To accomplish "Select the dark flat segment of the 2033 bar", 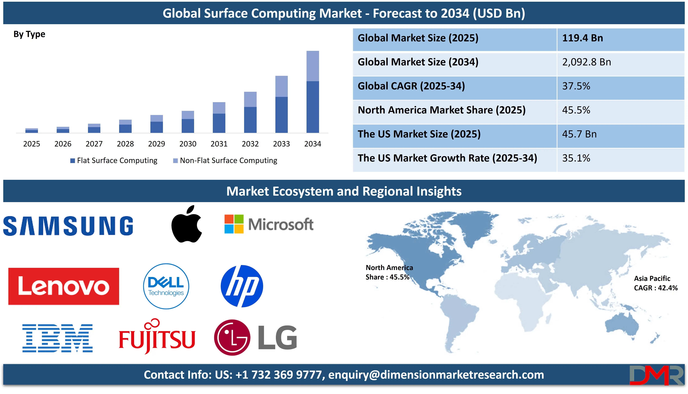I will tap(281, 115).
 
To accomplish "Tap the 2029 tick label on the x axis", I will tap(157, 144).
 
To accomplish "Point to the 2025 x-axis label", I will tap(32, 144).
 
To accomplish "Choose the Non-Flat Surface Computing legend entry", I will tap(225, 160).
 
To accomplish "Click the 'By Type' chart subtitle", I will tap(29, 34).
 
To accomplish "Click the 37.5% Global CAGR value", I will tap(576, 86).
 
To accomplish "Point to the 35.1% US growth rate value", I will tap(576, 158).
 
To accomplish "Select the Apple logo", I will tap(186, 224).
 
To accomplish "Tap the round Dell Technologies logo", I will tap(166, 286).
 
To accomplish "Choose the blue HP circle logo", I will tap(242, 286).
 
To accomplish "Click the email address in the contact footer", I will tap(436, 375).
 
